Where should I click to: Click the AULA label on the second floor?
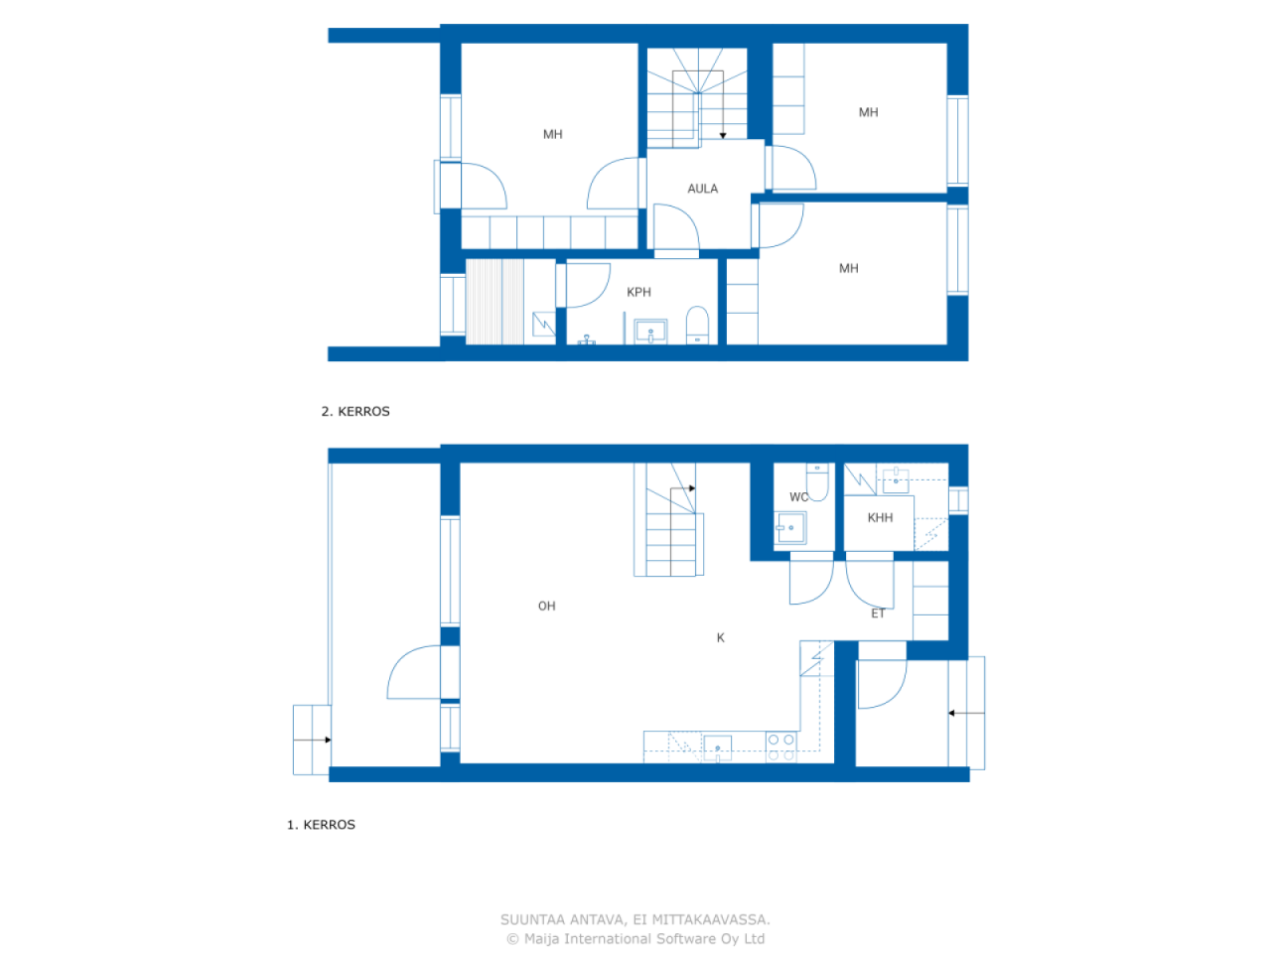coord(702,189)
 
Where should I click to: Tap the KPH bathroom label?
coord(638,292)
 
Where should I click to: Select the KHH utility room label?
coord(880,518)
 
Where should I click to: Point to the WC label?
coord(798,497)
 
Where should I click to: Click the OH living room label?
coord(546,606)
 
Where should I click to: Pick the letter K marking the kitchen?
coord(720,637)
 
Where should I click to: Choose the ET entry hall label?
coord(878,613)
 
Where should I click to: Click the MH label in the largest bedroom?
coord(552,135)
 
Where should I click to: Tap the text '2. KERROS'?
coord(355,411)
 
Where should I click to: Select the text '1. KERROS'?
coord(321,825)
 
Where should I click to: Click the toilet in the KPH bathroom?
coord(697,325)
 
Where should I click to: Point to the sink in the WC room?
coord(790,528)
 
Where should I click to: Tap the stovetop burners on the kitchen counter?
coord(780,747)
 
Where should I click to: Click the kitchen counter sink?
coord(717,749)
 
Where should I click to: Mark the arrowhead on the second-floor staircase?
coord(723,135)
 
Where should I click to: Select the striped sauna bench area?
coord(494,302)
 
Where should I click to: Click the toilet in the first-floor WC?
coord(817,481)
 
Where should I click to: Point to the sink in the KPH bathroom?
coord(650,332)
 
